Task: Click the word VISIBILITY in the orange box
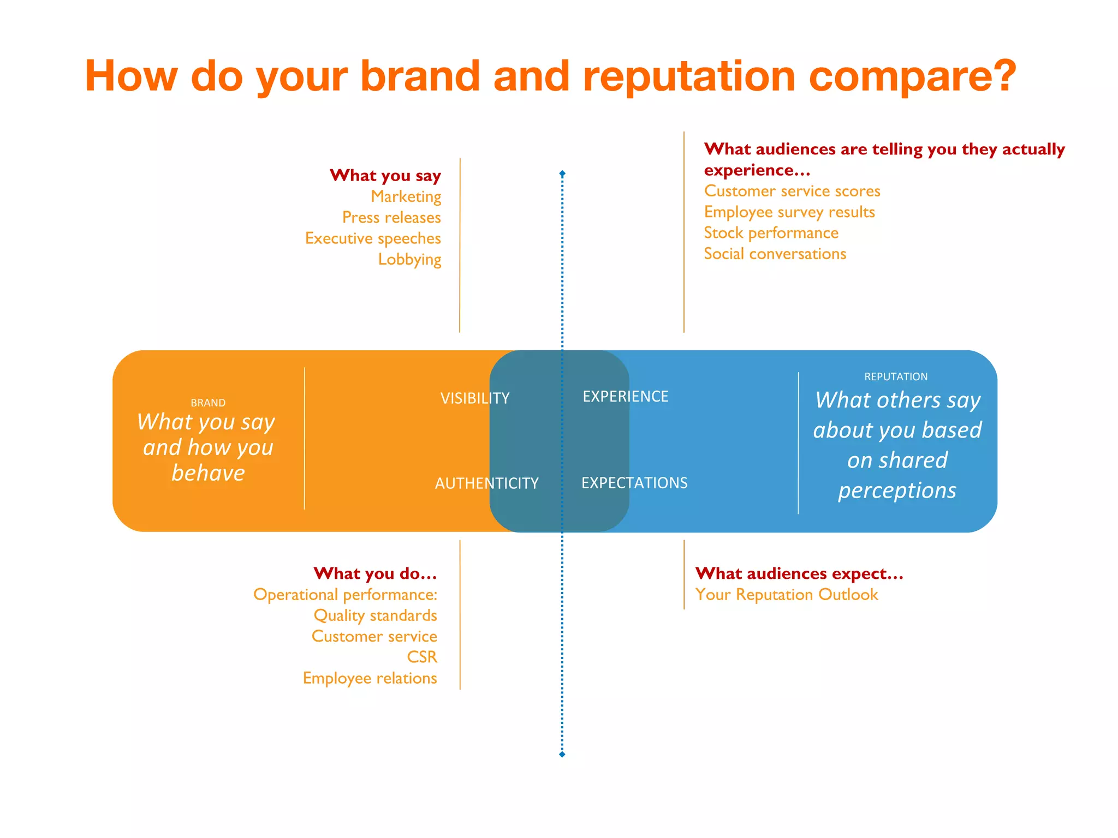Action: pyautogui.click(x=475, y=398)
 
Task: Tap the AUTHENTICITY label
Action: pyautogui.click(x=486, y=483)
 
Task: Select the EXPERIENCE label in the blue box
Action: pyautogui.click(x=625, y=397)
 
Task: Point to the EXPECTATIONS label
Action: pyautogui.click(x=634, y=483)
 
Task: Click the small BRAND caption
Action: pyautogui.click(x=208, y=403)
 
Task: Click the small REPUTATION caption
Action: pyautogui.click(x=896, y=377)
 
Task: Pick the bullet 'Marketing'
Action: pyautogui.click(x=406, y=196)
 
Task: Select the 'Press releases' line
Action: pyautogui.click(x=391, y=218)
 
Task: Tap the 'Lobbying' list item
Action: pyautogui.click(x=409, y=259)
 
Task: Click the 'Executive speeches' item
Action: pyautogui.click(x=373, y=238)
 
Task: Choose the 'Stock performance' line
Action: pyautogui.click(x=771, y=233)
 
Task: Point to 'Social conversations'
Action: pyautogui.click(x=775, y=254)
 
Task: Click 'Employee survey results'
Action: pyautogui.click(x=789, y=212)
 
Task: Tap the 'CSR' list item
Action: pyautogui.click(x=422, y=657)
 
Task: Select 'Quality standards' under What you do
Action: pyautogui.click(x=375, y=615)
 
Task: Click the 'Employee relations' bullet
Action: pyautogui.click(x=370, y=678)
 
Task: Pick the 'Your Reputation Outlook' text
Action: pyautogui.click(x=787, y=595)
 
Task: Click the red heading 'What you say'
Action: pyautogui.click(x=385, y=176)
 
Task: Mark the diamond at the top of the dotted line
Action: pyautogui.click(x=562, y=173)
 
